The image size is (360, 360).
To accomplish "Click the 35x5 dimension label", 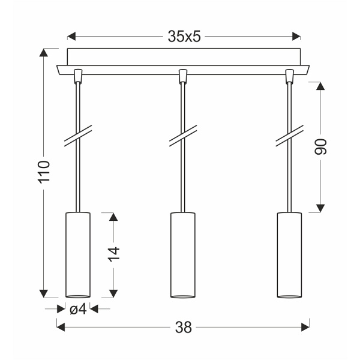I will point(183,37).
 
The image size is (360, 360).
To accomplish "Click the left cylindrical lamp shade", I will point(77,254).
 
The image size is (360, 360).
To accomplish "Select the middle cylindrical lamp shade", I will point(182,254).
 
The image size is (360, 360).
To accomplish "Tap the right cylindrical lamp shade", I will point(288,254).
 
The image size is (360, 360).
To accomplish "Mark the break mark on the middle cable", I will point(182,136).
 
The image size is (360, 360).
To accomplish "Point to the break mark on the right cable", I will point(288,136).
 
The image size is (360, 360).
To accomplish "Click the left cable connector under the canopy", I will point(77,75).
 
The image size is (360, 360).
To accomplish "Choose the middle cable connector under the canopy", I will point(182,75).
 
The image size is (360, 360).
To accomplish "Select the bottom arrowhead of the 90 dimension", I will point(320,208).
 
